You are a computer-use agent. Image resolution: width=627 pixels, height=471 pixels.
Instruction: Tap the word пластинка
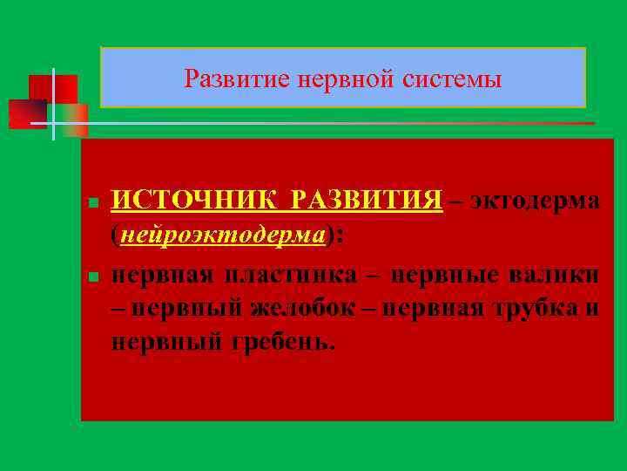click(290, 275)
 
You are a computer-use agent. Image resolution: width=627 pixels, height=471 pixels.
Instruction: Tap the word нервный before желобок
click(179, 309)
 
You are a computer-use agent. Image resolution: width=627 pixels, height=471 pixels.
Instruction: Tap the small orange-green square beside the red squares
click(75, 121)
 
